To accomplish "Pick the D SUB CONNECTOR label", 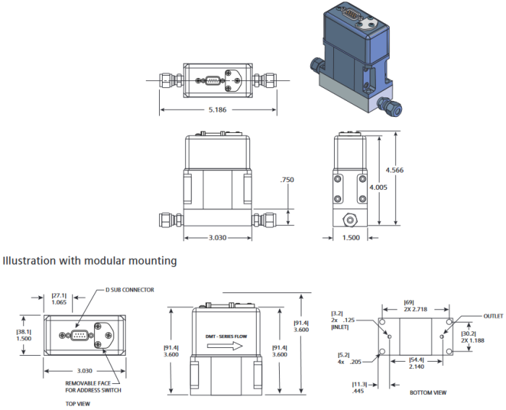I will point(129,290).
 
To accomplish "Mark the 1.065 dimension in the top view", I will point(59,303).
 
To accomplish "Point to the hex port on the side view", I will point(351,217).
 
